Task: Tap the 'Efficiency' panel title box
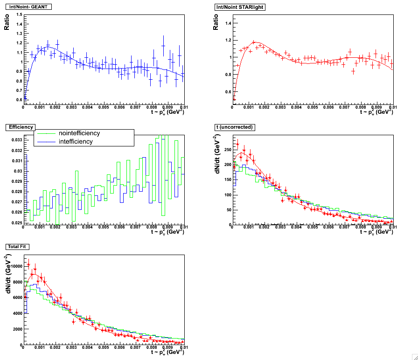tap(19, 126)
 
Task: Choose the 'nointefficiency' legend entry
tap(79, 133)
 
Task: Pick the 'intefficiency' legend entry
tap(76, 141)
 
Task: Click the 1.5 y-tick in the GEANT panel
tap(19, 14)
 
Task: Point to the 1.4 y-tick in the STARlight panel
tap(228, 23)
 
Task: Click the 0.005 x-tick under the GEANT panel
tap(103, 107)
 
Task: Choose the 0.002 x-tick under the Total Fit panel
tap(55, 347)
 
